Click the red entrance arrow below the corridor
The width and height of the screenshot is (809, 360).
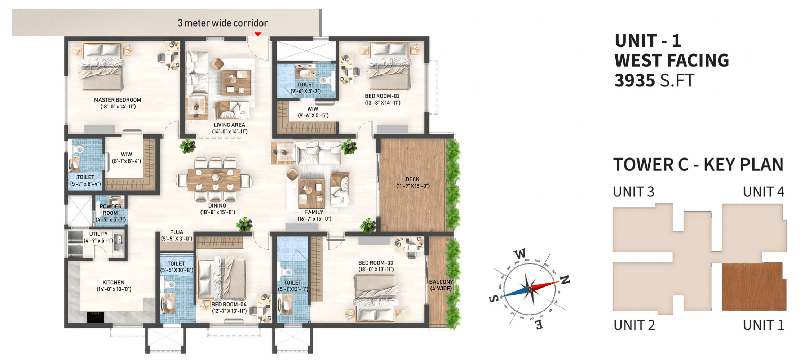258,34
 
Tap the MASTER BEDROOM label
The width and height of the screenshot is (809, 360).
118,100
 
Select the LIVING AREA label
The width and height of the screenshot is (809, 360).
229,125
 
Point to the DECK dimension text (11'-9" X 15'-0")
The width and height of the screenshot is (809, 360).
413,186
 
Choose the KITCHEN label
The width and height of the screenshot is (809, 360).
114,283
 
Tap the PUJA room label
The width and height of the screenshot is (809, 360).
177,232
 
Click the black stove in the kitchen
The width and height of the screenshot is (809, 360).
96,317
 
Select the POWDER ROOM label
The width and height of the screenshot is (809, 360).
111,209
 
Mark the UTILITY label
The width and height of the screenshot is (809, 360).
98,234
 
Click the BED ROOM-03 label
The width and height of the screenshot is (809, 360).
376,263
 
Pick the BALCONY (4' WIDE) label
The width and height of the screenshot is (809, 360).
441,285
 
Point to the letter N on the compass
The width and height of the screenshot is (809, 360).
565,280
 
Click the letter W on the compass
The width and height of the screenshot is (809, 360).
520,253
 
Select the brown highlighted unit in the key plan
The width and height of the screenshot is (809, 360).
753,286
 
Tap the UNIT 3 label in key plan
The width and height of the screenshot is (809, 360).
634,192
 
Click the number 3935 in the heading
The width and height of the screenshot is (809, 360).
635,80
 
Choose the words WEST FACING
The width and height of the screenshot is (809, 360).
672,60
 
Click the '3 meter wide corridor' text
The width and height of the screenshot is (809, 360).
223,23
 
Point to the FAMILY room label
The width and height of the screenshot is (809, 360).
314,212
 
